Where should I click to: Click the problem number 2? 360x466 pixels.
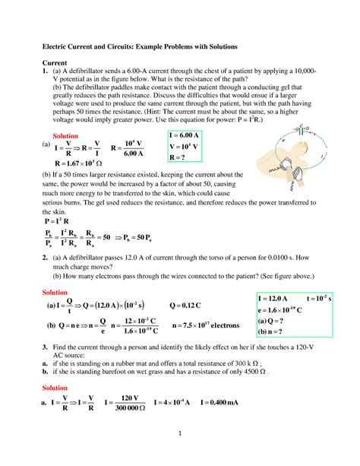click(x=45, y=260)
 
